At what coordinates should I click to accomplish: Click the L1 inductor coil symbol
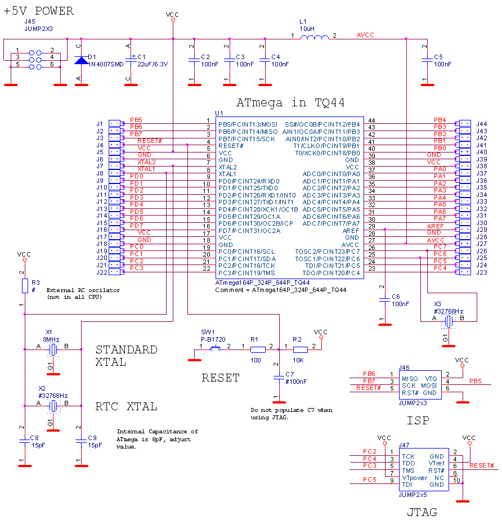click(x=314, y=38)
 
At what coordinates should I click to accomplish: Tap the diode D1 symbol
click(x=82, y=60)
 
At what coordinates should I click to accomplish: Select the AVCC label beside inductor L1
click(x=365, y=35)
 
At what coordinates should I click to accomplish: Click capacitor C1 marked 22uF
click(x=131, y=59)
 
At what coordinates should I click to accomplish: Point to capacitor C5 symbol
click(x=427, y=59)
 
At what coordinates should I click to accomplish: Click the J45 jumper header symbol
click(x=35, y=60)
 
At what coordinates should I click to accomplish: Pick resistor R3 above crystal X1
click(x=25, y=286)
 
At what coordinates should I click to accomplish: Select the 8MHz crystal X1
click(x=53, y=349)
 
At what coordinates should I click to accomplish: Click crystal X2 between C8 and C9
click(x=53, y=406)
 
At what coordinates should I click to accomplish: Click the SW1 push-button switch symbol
click(x=215, y=349)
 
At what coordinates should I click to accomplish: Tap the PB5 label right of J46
click(x=476, y=382)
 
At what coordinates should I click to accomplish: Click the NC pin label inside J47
click(x=439, y=478)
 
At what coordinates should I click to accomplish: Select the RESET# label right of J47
click(x=482, y=466)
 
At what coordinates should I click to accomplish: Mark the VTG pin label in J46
click(x=431, y=379)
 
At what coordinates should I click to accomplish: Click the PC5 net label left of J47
click(x=369, y=480)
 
